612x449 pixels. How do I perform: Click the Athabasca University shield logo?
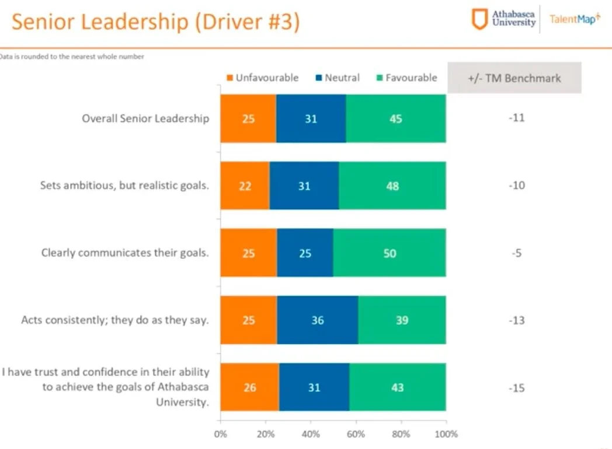(479, 19)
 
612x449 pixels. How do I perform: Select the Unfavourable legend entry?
(262, 78)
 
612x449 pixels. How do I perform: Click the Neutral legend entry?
(337, 78)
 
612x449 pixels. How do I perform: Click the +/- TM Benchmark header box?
(514, 78)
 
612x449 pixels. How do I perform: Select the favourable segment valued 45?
(395, 119)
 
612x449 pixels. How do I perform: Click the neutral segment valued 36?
(317, 321)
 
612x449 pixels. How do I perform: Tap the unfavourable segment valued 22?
(245, 186)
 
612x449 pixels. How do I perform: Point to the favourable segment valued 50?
(390, 254)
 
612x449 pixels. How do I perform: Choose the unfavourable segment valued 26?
(249, 388)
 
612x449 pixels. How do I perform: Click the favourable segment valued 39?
(402, 321)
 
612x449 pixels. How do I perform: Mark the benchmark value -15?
(517, 388)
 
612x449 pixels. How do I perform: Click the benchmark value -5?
(517, 253)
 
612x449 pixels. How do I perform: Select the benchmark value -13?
(517, 320)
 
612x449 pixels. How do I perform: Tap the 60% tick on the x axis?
(356, 434)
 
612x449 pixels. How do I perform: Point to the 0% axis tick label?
(221, 434)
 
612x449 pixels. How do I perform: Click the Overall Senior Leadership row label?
(145, 118)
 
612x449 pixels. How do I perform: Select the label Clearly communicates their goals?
(125, 253)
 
